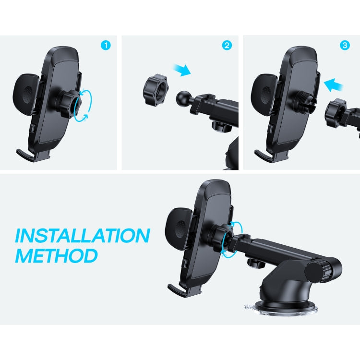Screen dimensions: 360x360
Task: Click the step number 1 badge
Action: click(x=106, y=46)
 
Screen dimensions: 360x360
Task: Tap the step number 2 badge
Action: click(x=227, y=46)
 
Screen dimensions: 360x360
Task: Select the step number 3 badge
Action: click(x=344, y=46)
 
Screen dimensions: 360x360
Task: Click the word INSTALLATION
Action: click(x=82, y=236)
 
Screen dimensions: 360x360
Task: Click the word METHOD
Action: click(x=56, y=255)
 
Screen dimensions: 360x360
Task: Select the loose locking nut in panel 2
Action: click(x=155, y=90)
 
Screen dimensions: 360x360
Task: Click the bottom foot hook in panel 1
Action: click(x=30, y=155)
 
